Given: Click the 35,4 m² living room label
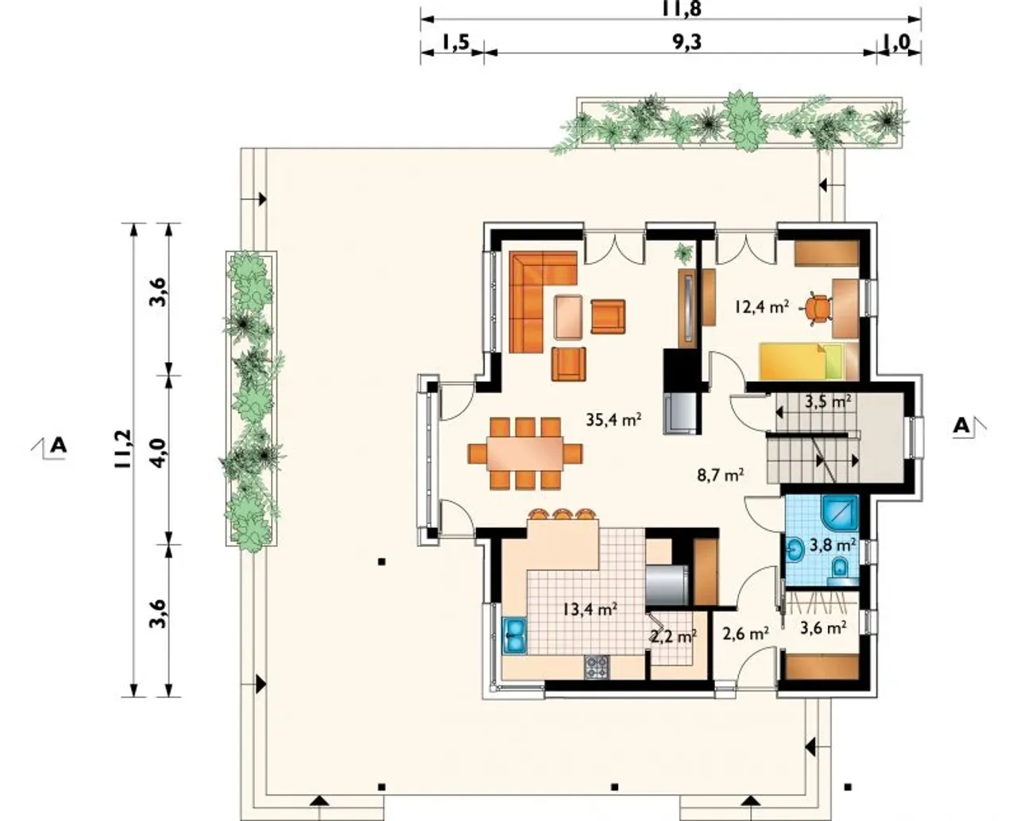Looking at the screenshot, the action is click(x=613, y=420).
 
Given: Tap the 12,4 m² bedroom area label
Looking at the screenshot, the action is click(x=761, y=306).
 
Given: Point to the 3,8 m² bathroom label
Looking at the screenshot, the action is click(x=832, y=545).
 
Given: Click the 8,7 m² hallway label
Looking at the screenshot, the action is click(x=721, y=475).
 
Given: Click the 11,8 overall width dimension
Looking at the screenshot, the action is click(x=681, y=9).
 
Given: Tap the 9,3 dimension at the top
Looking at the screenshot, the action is click(x=687, y=42).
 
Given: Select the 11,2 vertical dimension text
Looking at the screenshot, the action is click(x=122, y=449).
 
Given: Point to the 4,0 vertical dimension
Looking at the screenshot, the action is click(x=157, y=453).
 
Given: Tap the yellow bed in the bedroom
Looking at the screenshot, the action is click(x=807, y=361).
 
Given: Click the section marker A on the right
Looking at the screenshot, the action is click(x=961, y=426).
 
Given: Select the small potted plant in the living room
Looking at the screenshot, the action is click(x=684, y=252).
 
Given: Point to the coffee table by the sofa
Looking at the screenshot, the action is click(x=568, y=318).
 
